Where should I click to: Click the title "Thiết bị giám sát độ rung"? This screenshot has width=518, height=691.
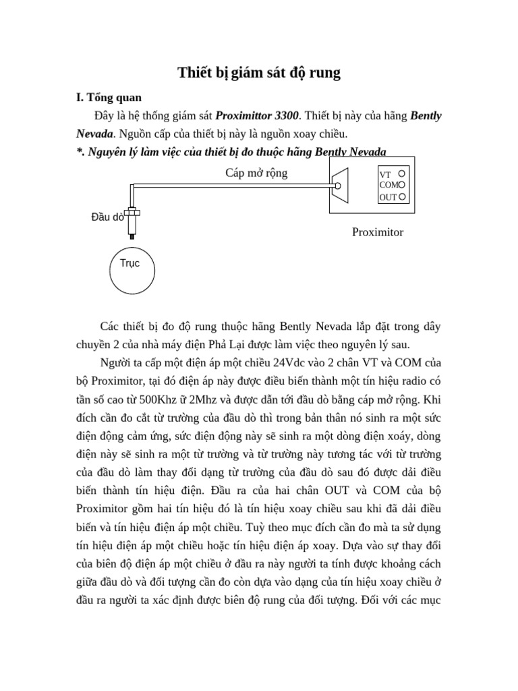click(x=259, y=73)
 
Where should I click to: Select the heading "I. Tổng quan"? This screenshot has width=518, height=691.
click(x=109, y=98)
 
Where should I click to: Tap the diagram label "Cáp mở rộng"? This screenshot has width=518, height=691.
click(x=256, y=173)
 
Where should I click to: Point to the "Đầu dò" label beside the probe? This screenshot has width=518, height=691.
click(x=107, y=217)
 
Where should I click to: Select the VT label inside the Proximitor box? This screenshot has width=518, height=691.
click(x=386, y=174)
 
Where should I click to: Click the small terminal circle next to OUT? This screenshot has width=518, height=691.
click(x=402, y=197)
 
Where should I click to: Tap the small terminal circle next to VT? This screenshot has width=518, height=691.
click(x=401, y=173)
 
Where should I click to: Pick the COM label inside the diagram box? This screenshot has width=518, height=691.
click(x=388, y=185)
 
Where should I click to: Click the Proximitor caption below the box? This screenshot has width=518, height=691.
click(x=378, y=232)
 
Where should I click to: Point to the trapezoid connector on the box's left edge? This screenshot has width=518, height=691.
click(x=339, y=186)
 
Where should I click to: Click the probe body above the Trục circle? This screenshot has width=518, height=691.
click(x=133, y=220)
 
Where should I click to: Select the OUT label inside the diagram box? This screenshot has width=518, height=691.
click(x=388, y=198)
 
